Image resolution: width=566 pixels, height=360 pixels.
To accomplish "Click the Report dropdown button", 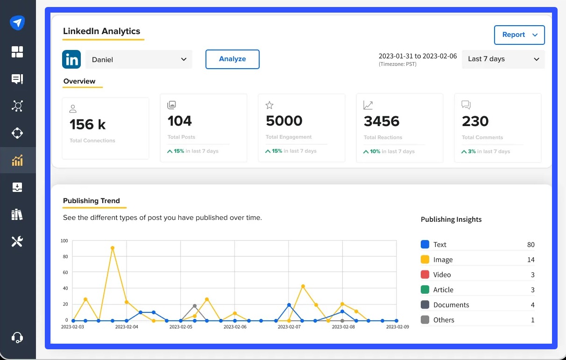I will pos(519,35).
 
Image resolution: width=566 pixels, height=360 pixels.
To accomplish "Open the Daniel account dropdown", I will pos(139,60).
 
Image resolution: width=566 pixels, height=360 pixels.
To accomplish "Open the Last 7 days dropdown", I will pos(503,59).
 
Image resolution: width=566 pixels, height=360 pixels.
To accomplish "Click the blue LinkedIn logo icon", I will pos(71,60).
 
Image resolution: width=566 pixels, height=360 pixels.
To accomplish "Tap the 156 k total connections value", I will pos(88,125).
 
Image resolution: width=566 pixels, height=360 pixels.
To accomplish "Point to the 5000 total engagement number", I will pos(284,121).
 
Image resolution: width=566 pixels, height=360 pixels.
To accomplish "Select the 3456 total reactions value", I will pos(382,121).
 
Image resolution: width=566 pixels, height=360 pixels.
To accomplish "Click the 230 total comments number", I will pos(475,121).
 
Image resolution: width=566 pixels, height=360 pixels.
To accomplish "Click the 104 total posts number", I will pos(180,121).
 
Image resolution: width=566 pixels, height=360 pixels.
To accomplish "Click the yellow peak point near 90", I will pos(113,248).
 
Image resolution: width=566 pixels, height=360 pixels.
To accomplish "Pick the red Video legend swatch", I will pos(425,275).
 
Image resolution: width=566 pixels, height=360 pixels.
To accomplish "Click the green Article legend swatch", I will pos(425,289).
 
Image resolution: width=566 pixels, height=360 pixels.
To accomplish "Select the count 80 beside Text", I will pos(531,245).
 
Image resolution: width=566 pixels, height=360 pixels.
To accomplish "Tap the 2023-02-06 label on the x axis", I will pos(234,327).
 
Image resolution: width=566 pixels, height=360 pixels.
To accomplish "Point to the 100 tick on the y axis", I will pos(64,241).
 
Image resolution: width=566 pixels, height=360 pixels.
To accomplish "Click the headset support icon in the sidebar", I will pos(17,337).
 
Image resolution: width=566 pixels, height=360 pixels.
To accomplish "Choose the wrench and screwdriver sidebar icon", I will pos(17,241).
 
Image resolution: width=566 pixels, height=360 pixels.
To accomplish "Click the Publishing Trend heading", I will pos(91,201).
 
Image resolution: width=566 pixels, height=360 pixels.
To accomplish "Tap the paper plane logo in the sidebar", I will pos(17,22).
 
